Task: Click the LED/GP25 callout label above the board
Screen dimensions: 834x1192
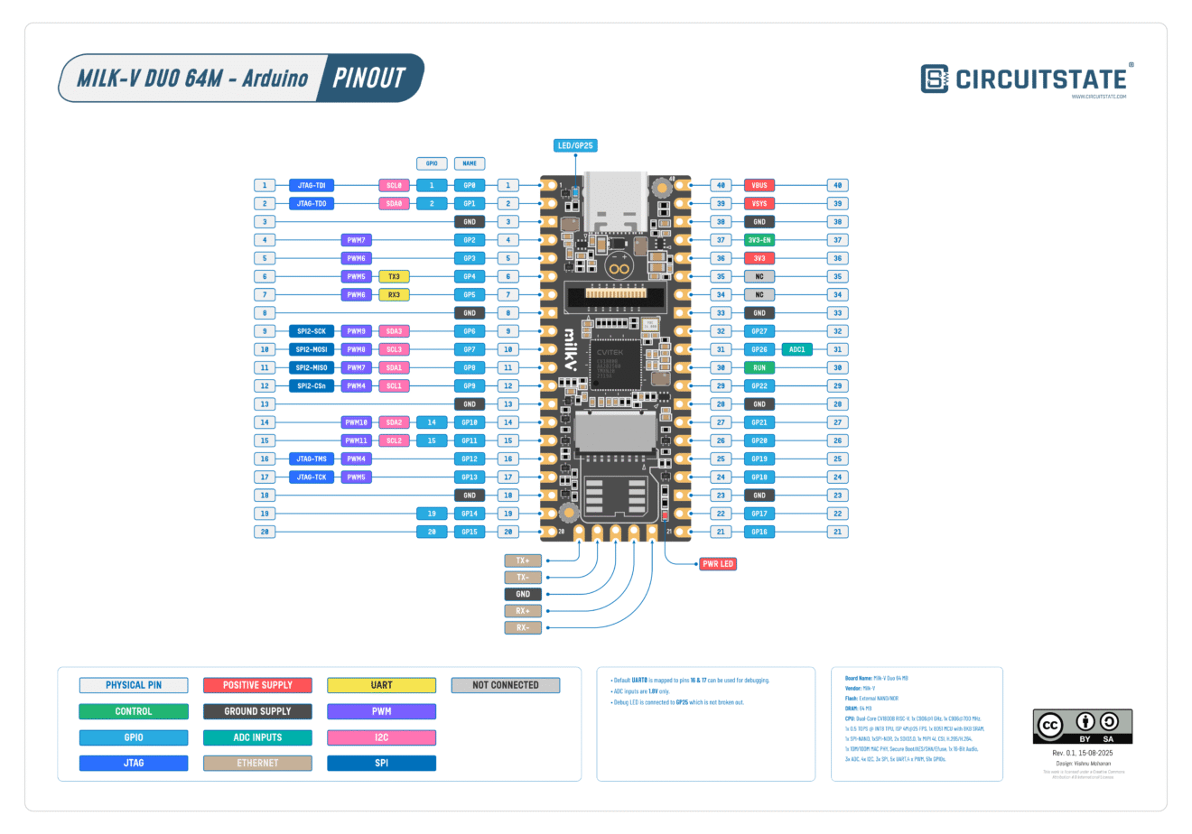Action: point(575,145)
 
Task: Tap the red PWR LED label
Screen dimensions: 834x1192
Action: point(718,564)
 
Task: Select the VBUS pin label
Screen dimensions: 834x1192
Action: point(759,185)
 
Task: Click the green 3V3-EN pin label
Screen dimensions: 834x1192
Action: point(759,240)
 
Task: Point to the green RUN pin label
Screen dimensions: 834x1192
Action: point(759,367)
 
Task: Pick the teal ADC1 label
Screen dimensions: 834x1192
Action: point(796,349)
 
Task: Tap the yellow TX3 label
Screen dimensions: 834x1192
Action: point(394,276)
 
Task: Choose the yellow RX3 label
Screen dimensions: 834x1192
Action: point(394,294)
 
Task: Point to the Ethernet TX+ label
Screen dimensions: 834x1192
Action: point(523,561)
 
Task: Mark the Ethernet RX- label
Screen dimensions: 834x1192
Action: point(523,627)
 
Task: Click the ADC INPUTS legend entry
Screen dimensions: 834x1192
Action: point(257,737)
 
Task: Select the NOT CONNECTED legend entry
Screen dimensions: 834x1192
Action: point(505,685)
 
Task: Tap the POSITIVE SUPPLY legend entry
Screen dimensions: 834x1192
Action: point(257,685)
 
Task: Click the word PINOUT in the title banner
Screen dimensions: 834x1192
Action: point(368,78)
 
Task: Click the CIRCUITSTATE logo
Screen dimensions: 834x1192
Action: point(1026,79)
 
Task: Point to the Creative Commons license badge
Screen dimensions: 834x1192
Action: point(1082,727)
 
